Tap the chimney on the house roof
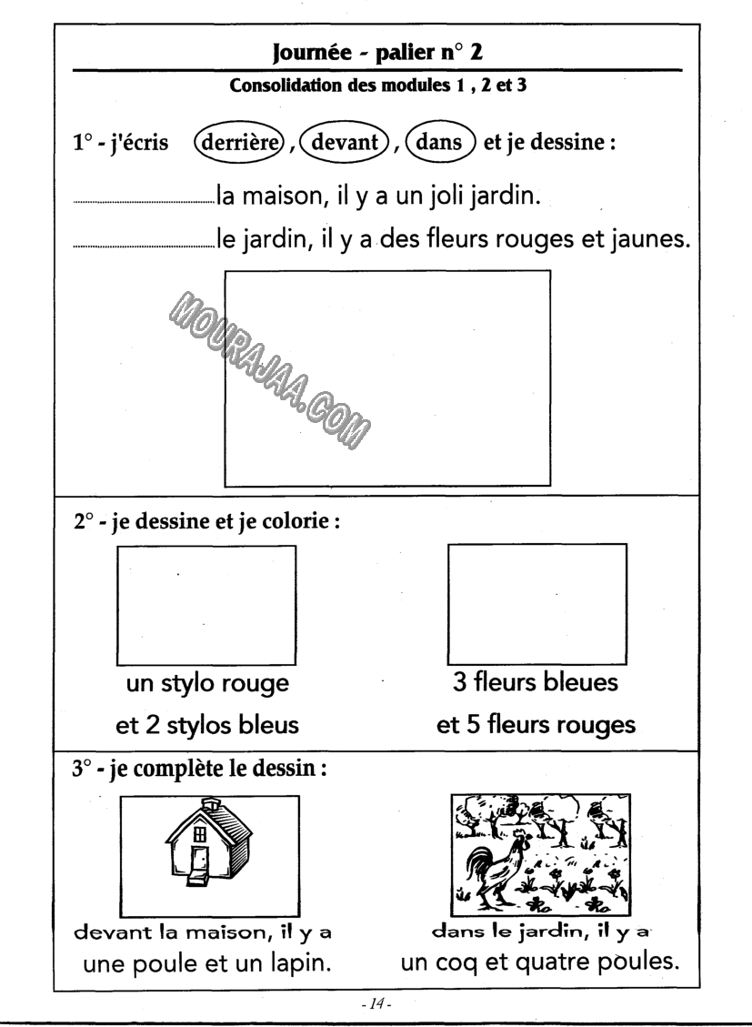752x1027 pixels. (x=210, y=803)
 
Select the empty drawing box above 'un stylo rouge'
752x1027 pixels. (x=206, y=605)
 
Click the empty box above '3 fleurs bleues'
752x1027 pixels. (x=538, y=604)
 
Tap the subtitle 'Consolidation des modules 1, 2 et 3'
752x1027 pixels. (x=376, y=87)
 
